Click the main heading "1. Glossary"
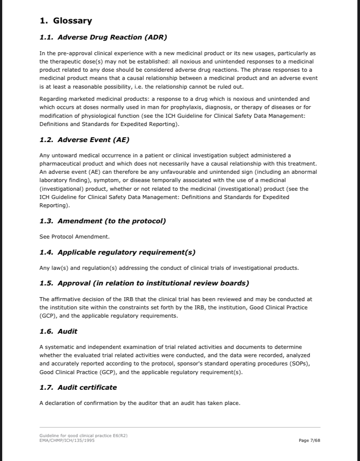tap(66, 21)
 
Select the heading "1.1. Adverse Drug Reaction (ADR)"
tap(103, 37)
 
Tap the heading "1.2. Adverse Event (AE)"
tap(84, 140)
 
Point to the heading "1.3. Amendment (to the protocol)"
tap(103, 221)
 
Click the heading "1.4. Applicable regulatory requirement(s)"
tap(117, 252)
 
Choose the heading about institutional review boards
tap(144, 283)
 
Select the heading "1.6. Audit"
tap(58, 332)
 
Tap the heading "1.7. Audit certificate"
tap(78, 388)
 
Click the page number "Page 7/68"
tap(310, 441)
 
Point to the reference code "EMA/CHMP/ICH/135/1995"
tap(67, 441)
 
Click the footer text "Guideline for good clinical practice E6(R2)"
tap(83, 436)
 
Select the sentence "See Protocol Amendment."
tap(74, 237)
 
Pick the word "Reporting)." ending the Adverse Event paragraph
tap(54, 206)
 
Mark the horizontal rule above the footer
tap(180, 428)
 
